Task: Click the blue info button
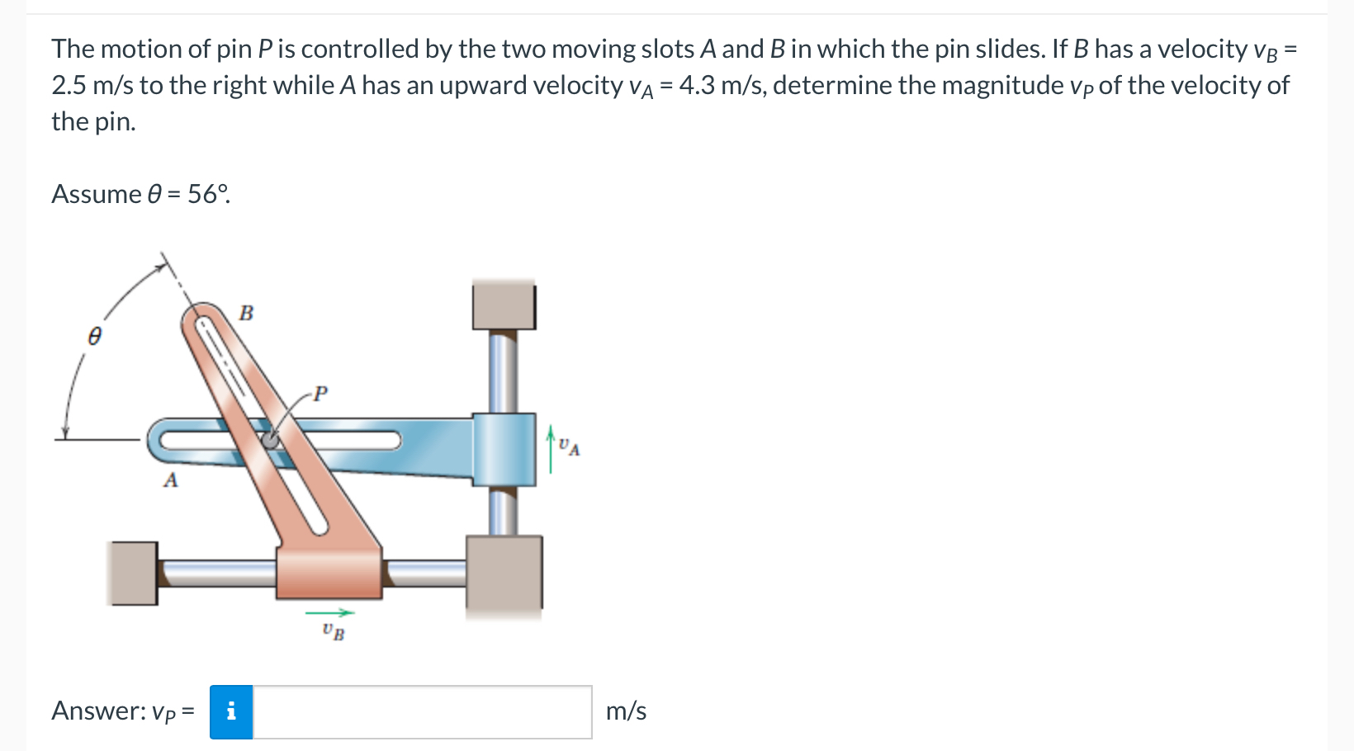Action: pyautogui.click(x=231, y=711)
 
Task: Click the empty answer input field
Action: pyautogui.click(x=422, y=711)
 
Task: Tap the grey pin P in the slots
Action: pyautogui.click(x=270, y=440)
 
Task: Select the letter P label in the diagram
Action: pyautogui.click(x=320, y=394)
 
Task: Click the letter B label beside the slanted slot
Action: pyautogui.click(x=246, y=313)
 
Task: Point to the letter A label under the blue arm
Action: pyautogui.click(x=171, y=479)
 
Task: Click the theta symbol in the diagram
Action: pyautogui.click(x=95, y=336)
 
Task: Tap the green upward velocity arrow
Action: pyautogui.click(x=550, y=449)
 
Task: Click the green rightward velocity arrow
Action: pyautogui.click(x=329, y=612)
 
